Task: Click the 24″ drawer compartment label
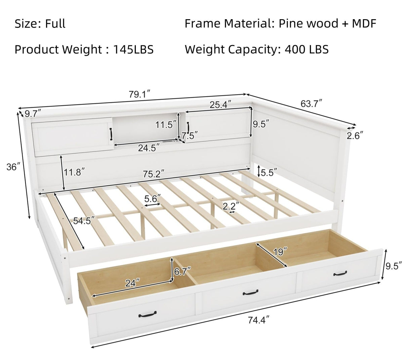coord(133,283)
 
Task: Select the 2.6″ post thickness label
coord(355,136)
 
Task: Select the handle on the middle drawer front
coord(251,292)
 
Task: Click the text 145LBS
coord(133,49)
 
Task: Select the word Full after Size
coord(55,24)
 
